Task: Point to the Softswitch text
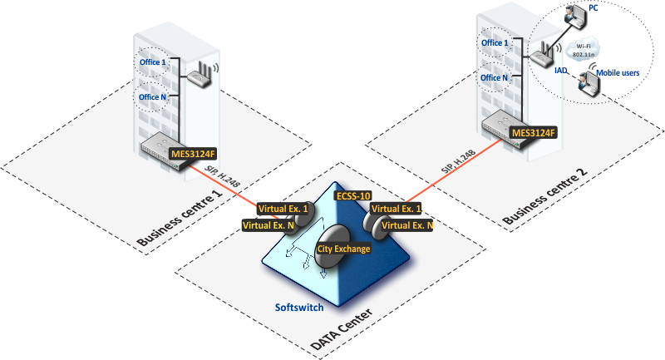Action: coord(300,307)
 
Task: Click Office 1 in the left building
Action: coord(152,62)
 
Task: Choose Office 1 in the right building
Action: coord(495,42)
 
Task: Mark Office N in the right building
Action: coord(495,77)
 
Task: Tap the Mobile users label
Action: coord(618,73)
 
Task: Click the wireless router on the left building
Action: coord(199,78)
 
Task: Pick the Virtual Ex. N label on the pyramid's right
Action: coord(406,225)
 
